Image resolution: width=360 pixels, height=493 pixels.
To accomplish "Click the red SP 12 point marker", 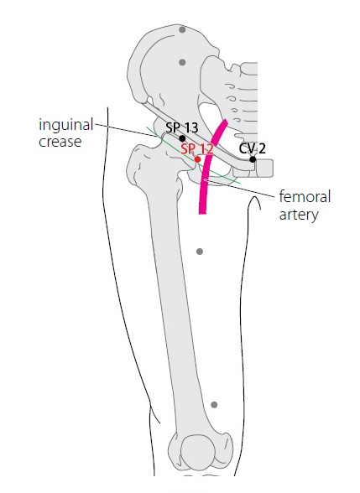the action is tap(197, 159).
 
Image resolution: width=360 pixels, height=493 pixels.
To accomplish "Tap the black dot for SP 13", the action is tap(182, 138).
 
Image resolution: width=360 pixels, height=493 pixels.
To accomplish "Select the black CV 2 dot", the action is tap(253, 159).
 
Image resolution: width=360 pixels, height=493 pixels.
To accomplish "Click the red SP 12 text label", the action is tap(197, 148).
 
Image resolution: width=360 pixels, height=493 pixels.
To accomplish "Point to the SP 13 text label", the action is tap(182, 127).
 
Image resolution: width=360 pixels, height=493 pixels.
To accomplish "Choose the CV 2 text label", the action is tap(252, 148).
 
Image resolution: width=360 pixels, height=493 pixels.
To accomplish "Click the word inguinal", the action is tap(65, 126).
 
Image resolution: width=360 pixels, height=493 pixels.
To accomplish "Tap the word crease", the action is tap(60, 142).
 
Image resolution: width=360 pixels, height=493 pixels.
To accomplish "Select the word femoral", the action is tap(305, 197).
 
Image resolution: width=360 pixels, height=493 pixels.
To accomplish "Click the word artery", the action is tap(299, 215).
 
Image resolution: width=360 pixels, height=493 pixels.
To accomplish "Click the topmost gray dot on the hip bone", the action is tap(182, 30).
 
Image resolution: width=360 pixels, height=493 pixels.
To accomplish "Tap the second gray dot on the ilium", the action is tap(182, 62).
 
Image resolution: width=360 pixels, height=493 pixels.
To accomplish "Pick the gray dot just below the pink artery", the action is tap(200, 252).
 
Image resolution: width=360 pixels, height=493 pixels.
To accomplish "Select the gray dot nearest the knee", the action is tap(214, 405).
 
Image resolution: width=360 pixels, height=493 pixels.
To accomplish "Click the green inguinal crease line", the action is tap(193, 155).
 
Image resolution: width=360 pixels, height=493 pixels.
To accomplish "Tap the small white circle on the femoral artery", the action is tap(205, 179).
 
